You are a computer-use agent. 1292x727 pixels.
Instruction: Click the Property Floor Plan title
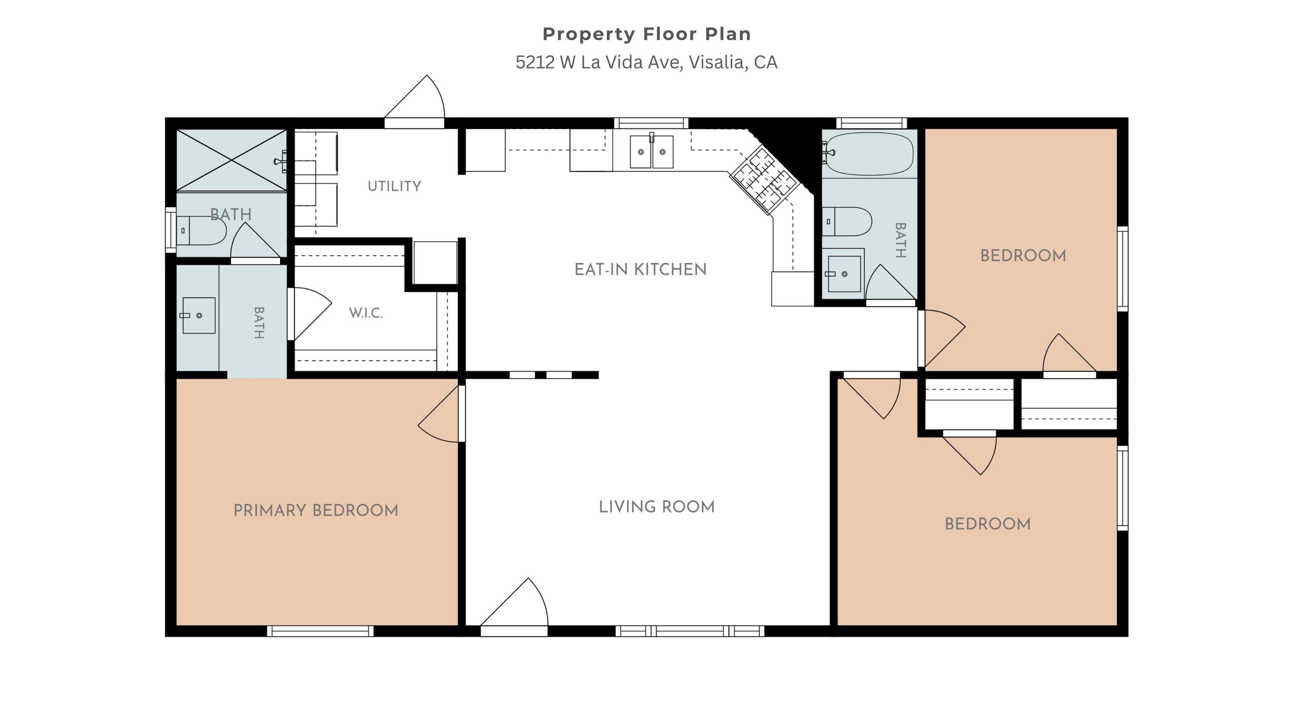pyautogui.click(x=646, y=34)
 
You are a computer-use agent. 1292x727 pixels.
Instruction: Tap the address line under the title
pyautogui.click(x=646, y=62)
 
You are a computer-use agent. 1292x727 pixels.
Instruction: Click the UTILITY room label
pyautogui.click(x=394, y=186)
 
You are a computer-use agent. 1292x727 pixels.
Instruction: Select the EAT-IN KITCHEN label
pyautogui.click(x=640, y=269)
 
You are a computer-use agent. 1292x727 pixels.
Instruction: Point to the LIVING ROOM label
pyautogui.click(x=656, y=507)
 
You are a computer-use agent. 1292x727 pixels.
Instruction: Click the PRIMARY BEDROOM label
pyautogui.click(x=316, y=510)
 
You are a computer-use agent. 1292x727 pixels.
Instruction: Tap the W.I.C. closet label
pyautogui.click(x=366, y=313)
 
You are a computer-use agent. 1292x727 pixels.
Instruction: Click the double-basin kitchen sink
pyautogui.click(x=652, y=152)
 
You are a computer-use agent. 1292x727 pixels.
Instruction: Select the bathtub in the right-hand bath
pyautogui.click(x=869, y=153)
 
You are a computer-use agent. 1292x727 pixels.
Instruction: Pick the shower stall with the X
pyautogui.click(x=231, y=160)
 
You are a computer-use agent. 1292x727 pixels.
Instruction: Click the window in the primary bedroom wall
pyautogui.click(x=320, y=631)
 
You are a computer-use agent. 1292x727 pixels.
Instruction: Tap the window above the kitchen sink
pyautogui.click(x=651, y=123)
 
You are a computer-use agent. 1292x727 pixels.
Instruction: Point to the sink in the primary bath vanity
pyautogui.click(x=199, y=315)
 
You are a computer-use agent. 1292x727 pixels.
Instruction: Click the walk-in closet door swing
pyautogui.click(x=310, y=314)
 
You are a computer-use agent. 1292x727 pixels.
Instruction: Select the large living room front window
pyautogui.click(x=690, y=631)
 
